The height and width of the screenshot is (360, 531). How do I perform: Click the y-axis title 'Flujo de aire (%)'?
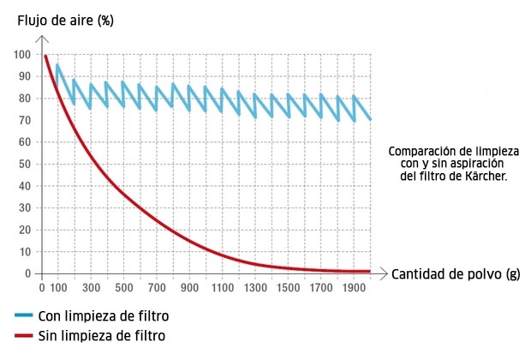(65, 21)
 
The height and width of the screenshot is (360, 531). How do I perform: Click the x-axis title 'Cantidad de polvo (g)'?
(456, 274)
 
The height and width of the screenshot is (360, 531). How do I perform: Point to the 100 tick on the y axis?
(21, 55)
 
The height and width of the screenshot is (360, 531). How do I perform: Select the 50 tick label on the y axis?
(24, 164)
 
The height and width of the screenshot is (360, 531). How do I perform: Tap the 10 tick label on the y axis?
(24, 252)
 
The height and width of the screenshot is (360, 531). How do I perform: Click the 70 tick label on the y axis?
(24, 120)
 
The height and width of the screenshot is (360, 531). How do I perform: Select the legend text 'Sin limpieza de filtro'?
(102, 335)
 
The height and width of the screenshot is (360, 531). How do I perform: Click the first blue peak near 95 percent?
(57, 65)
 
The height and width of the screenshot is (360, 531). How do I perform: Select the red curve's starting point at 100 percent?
(45, 56)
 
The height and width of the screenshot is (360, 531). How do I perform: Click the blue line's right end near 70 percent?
(370, 119)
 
